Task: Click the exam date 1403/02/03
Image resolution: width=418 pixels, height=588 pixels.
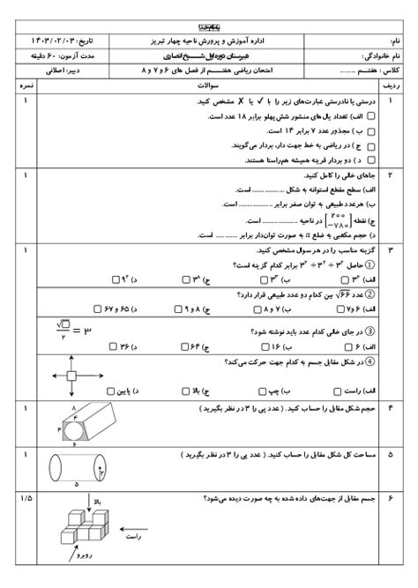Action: (x=56, y=41)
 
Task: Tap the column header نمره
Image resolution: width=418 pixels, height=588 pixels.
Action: (x=26, y=88)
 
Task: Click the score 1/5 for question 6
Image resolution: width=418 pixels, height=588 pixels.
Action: (x=24, y=499)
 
